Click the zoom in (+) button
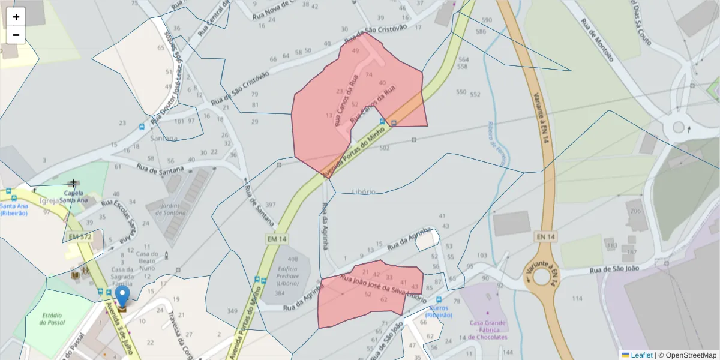(x=16, y=17)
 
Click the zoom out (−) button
(x=16, y=35)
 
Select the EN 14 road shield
(x=545, y=237)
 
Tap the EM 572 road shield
(x=80, y=237)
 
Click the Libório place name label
(x=364, y=191)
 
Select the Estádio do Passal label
(x=53, y=319)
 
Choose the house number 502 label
(x=385, y=148)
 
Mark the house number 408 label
(x=293, y=259)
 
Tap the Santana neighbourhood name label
(x=164, y=138)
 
